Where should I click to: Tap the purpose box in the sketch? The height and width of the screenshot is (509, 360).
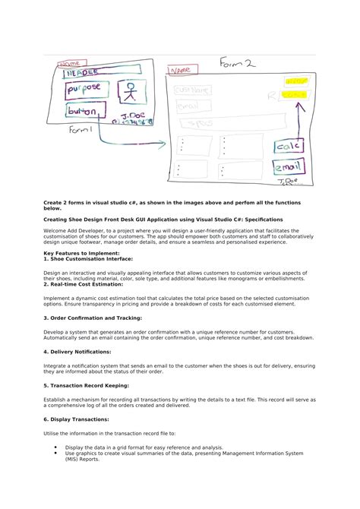84,90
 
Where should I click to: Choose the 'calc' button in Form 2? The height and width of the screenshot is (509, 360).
289,145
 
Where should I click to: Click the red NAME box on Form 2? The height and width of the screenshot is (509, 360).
184,71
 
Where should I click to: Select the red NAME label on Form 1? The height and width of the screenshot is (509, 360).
69,64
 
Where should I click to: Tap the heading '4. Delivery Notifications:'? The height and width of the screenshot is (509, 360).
76,352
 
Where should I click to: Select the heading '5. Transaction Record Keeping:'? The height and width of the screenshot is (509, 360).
84,385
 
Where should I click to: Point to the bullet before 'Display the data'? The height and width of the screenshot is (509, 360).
55,447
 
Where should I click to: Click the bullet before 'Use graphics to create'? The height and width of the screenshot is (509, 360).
55,453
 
